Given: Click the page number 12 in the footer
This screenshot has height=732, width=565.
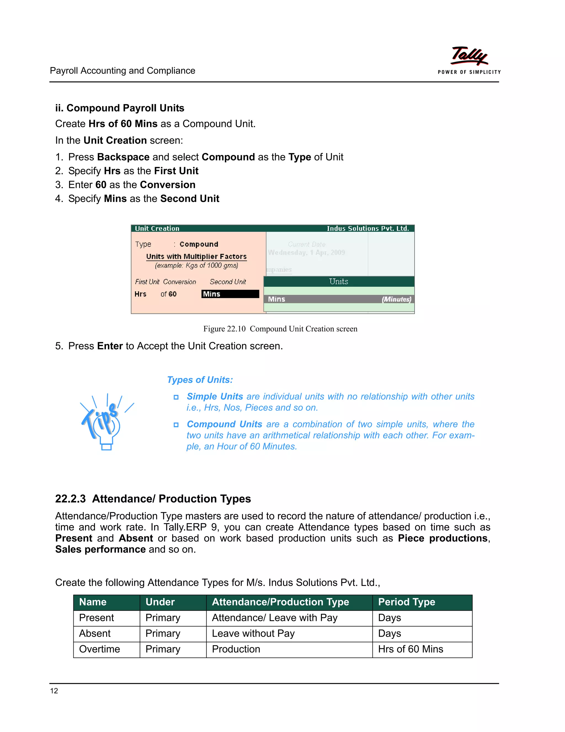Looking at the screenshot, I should [54, 691].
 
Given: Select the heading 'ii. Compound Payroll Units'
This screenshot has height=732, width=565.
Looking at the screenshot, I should [119, 108].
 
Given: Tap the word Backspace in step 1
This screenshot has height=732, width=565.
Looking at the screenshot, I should [123, 157].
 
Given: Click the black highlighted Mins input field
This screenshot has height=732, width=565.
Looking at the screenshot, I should [230, 294].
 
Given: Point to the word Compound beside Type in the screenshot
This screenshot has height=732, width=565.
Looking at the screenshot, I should [199, 244].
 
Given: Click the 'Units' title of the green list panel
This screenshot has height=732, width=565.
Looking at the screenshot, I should [339, 281].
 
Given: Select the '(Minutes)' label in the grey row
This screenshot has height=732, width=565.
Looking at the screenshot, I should [396, 299].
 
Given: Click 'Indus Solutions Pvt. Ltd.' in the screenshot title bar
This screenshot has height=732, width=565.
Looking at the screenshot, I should [367, 229].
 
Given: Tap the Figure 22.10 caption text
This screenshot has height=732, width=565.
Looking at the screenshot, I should [280, 329].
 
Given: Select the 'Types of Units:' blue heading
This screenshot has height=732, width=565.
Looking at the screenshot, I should [200, 380].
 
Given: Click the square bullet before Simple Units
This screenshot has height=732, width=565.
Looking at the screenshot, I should [176, 397].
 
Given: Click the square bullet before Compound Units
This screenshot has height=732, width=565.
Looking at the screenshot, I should [176, 425].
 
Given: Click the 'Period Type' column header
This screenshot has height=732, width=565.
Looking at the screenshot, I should [406, 602].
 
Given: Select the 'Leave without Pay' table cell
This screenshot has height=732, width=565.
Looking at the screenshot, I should [253, 633].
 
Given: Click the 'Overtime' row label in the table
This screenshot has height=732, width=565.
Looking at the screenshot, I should [99, 649].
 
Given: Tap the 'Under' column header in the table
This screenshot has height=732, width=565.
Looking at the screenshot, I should [160, 602].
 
